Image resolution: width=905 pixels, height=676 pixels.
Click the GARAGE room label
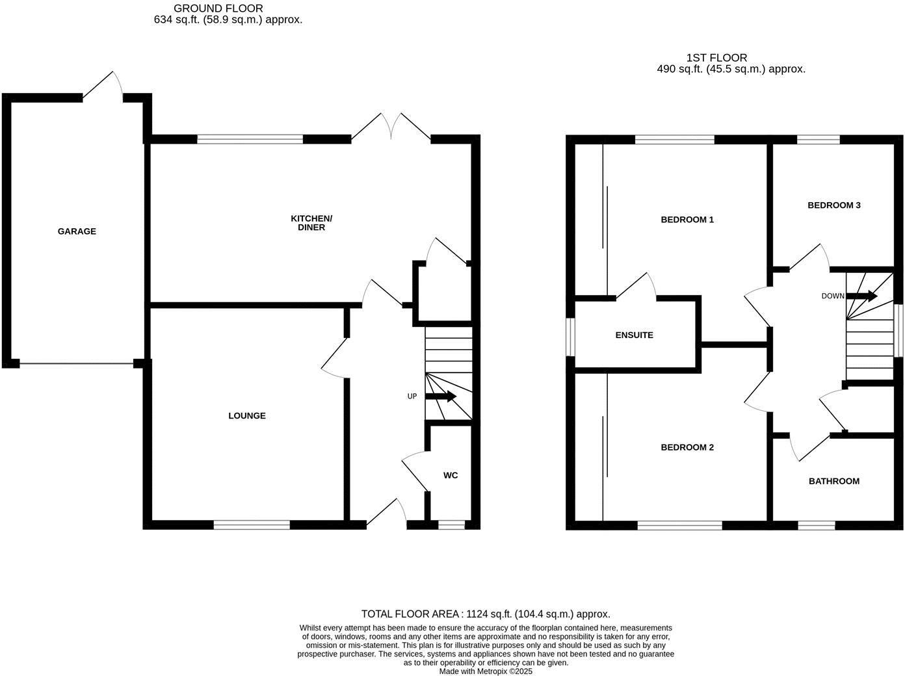click(x=77, y=231)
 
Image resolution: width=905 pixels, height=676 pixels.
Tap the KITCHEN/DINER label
click(x=311, y=223)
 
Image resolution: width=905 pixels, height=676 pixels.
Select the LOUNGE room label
click(x=247, y=416)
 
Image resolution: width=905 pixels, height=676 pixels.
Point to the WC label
click(x=451, y=476)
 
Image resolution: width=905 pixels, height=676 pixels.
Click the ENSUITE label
click(x=634, y=335)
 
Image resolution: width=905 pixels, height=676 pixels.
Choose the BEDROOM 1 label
click(x=687, y=220)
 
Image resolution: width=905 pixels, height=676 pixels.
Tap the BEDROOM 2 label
click(x=687, y=447)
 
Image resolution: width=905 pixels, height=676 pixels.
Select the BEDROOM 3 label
click(x=834, y=205)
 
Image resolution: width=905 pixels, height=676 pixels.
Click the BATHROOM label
click(x=834, y=482)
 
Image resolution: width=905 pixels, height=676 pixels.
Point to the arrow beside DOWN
click(x=861, y=296)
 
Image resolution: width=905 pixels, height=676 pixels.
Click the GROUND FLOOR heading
click(x=218, y=8)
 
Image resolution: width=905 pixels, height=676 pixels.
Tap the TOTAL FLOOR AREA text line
click(x=486, y=614)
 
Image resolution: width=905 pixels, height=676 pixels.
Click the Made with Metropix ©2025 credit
click(x=486, y=671)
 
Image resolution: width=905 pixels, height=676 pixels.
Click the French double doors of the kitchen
click(x=391, y=128)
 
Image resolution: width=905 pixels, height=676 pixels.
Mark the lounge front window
click(x=252, y=525)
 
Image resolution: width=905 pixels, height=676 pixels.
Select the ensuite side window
click(x=570, y=337)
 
